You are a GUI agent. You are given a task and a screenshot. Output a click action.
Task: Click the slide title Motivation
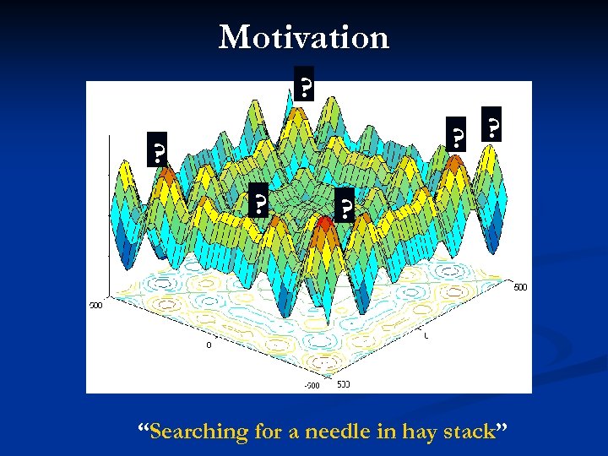(304, 38)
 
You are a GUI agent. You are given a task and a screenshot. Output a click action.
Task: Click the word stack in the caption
(467, 432)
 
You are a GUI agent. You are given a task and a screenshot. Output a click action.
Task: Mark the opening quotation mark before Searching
(144, 429)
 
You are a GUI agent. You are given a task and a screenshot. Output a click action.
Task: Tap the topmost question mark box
(305, 84)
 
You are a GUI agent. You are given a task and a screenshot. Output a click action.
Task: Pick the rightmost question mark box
(491, 126)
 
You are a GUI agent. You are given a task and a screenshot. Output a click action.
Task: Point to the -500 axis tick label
(312, 386)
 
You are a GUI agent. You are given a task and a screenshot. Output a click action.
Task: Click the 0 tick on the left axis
(209, 345)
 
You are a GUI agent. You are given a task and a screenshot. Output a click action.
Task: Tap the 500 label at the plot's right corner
(521, 287)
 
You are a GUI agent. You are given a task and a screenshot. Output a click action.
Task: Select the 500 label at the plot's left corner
(95, 305)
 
